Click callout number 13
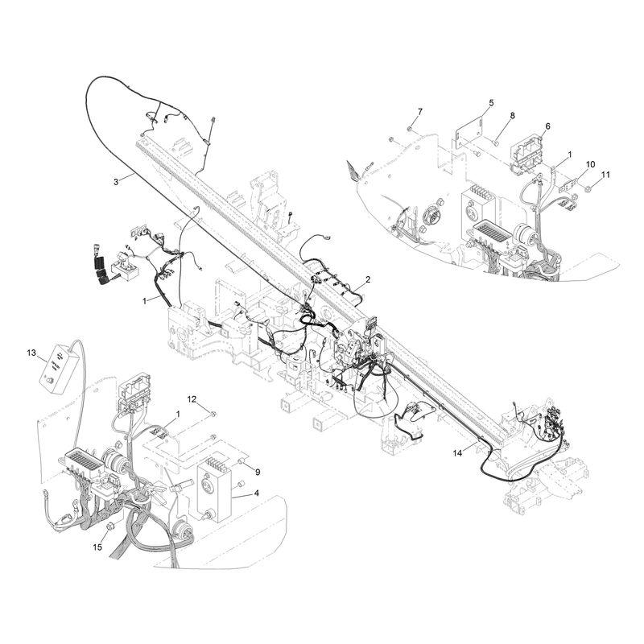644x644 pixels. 31,353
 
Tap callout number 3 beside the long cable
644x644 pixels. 116,182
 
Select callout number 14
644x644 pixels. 457,453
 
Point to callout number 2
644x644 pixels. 368,279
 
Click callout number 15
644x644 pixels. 97,547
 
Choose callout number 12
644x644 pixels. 192,398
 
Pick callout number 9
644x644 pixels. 258,473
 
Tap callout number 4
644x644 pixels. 256,493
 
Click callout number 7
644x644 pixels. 419,111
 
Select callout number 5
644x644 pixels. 491,102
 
